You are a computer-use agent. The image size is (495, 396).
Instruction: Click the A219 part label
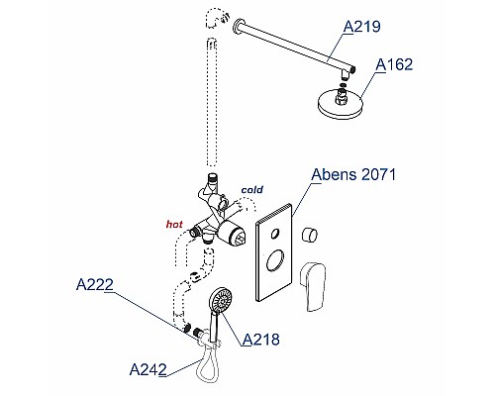[361, 27]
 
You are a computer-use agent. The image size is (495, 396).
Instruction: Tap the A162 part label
[394, 64]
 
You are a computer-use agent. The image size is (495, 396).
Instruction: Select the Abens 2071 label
[353, 174]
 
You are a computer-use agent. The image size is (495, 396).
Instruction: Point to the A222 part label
[95, 284]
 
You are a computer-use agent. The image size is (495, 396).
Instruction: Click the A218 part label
[261, 340]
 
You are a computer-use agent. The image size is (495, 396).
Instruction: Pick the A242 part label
[148, 369]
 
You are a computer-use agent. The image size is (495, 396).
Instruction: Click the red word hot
[174, 225]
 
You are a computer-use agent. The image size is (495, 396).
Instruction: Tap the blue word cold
[252, 190]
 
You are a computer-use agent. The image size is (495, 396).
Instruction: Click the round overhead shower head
[341, 102]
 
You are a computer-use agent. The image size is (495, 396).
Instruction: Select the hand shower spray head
[221, 300]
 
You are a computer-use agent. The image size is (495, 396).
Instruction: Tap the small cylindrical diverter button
[310, 235]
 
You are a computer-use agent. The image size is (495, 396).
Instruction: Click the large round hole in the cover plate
[275, 260]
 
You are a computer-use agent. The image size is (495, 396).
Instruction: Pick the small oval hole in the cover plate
[274, 234]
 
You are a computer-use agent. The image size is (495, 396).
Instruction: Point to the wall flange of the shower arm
[237, 27]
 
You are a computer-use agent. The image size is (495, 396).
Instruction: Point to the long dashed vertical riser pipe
[212, 102]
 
